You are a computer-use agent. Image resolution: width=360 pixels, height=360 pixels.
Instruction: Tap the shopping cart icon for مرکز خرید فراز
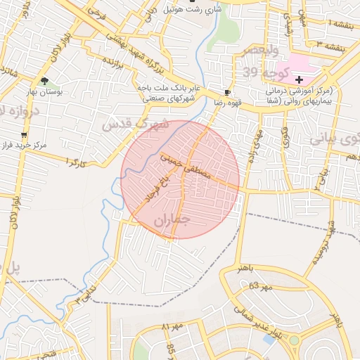point(25,134)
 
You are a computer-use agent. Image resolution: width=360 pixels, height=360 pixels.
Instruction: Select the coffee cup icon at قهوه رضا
point(227,92)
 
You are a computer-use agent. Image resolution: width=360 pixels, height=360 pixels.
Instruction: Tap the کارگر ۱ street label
point(75,162)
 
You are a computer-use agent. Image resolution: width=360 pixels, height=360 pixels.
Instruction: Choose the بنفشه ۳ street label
point(330,45)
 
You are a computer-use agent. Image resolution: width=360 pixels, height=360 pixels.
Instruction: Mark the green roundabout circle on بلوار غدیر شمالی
point(294,341)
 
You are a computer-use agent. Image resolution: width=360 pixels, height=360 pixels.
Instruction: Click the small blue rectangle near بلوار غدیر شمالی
point(268,340)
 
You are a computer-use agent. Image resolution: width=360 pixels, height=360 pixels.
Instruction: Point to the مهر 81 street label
point(172,327)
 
